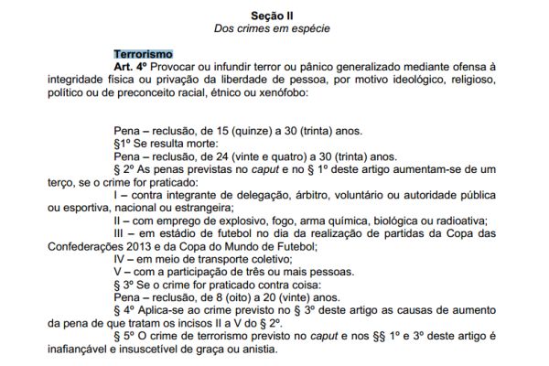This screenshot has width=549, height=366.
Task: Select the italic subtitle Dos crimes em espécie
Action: pos(274,29)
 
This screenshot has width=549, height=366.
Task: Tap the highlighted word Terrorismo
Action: pos(143,55)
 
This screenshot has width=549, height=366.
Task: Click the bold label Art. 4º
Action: pos(131,69)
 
